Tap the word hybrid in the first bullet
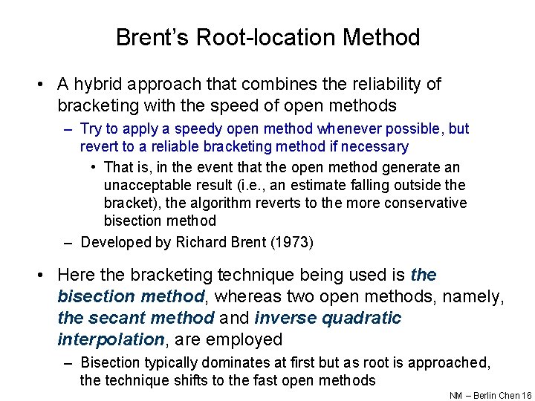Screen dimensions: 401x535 100,85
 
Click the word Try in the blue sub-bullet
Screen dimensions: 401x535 91,129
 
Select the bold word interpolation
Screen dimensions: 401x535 111,339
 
